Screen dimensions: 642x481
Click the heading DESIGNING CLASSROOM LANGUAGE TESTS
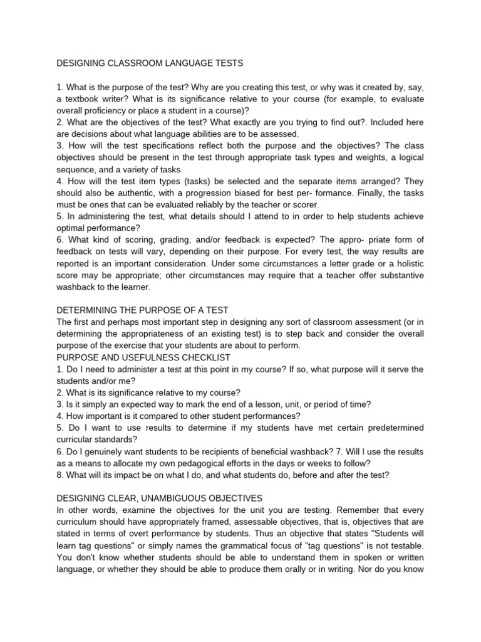click(x=150, y=63)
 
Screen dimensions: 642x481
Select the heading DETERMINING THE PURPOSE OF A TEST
click(x=143, y=310)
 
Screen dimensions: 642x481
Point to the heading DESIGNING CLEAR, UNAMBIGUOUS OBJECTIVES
click(x=160, y=498)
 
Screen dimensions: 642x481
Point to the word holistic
click(x=407, y=263)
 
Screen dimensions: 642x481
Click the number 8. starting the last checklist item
click(x=60, y=475)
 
